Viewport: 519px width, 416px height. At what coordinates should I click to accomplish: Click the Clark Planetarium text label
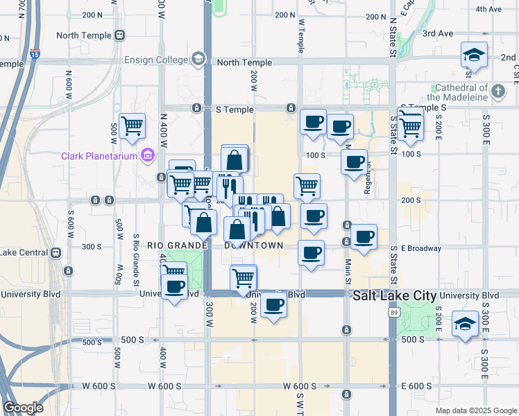click(100, 156)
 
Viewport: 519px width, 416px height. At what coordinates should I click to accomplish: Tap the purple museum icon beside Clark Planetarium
click(146, 155)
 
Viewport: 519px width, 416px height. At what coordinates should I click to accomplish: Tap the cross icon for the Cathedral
click(497, 90)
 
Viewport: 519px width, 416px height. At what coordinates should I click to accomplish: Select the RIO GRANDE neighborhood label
click(178, 245)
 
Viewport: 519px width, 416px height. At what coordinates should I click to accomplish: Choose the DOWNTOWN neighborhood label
click(254, 245)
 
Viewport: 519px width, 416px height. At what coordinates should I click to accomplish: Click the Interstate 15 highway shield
click(35, 51)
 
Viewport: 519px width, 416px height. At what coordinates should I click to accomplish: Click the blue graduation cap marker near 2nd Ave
click(474, 55)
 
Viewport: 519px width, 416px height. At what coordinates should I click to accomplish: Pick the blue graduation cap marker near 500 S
click(464, 323)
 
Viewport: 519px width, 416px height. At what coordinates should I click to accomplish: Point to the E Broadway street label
click(422, 248)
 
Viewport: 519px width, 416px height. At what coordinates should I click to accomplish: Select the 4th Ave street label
click(488, 9)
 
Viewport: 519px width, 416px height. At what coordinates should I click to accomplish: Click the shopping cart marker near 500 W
click(132, 126)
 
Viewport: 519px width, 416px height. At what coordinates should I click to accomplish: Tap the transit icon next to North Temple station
click(120, 35)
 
